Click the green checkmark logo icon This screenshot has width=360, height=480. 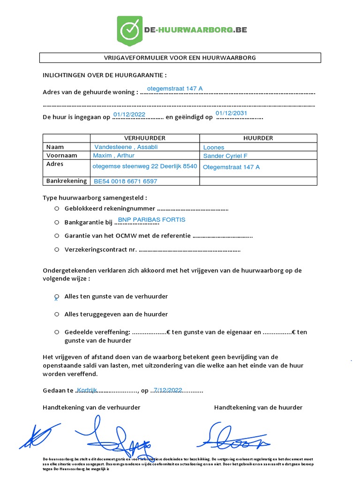(x=129, y=30)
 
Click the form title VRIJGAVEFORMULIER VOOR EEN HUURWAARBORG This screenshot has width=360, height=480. (x=180, y=58)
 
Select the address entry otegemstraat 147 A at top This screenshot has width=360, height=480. (x=174, y=89)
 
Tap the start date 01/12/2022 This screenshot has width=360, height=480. (x=129, y=114)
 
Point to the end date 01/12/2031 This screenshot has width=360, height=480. (x=231, y=113)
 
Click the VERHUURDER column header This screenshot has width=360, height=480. (x=144, y=138)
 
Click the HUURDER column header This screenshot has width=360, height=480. (x=258, y=138)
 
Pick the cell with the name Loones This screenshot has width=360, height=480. (x=214, y=147)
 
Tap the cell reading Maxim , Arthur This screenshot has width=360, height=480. (x=114, y=155)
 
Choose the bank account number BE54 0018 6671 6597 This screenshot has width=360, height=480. (x=126, y=181)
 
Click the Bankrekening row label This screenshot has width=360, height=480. (x=67, y=180)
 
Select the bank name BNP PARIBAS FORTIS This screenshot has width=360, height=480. (x=151, y=219)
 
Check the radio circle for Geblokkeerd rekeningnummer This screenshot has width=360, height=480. (x=56, y=209)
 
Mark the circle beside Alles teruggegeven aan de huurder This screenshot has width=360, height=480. (x=56, y=314)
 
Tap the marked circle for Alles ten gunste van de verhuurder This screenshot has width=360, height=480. (x=56, y=297)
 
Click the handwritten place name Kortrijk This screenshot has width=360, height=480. (x=86, y=390)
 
